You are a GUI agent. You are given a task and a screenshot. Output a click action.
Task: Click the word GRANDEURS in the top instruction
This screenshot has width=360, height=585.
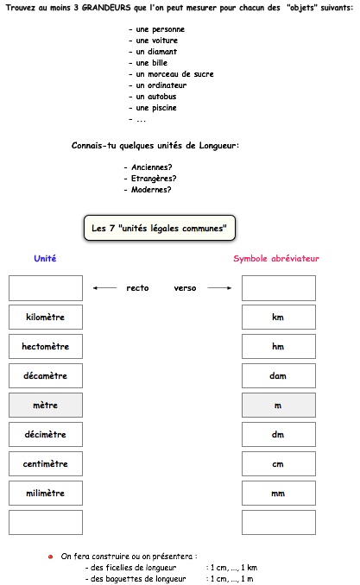click(106, 8)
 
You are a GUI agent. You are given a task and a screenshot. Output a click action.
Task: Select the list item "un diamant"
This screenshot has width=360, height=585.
click(153, 52)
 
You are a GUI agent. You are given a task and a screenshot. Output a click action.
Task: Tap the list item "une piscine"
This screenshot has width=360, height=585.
click(153, 108)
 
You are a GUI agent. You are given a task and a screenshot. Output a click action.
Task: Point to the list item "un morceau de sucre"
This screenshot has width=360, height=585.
click(171, 74)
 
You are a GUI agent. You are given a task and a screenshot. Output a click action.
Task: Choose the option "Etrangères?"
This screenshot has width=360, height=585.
click(150, 179)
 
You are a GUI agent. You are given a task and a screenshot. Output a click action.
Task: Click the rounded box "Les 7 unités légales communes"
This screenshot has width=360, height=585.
click(160, 228)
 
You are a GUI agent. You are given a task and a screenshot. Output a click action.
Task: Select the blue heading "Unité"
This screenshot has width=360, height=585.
click(45, 258)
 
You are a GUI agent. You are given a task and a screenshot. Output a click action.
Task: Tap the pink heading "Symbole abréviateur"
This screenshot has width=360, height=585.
click(276, 258)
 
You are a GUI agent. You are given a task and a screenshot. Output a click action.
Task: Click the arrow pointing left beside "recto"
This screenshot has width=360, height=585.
click(105, 288)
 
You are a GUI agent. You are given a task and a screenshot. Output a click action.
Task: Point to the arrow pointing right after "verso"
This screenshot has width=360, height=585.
click(219, 288)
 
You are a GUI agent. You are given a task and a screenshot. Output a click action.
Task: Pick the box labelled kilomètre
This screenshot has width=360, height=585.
click(46, 318)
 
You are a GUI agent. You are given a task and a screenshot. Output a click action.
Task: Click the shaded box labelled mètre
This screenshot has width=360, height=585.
click(46, 406)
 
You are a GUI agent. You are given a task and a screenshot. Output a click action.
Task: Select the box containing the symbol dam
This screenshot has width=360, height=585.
click(279, 375)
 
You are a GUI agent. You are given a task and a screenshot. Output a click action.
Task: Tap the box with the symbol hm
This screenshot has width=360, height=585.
click(279, 347)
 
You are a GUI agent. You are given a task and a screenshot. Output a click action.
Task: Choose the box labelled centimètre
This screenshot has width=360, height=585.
click(46, 463)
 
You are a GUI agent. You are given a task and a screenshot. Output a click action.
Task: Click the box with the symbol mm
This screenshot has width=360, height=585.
click(279, 494)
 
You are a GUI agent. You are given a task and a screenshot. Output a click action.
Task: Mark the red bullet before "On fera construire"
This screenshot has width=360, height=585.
click(50, 557)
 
